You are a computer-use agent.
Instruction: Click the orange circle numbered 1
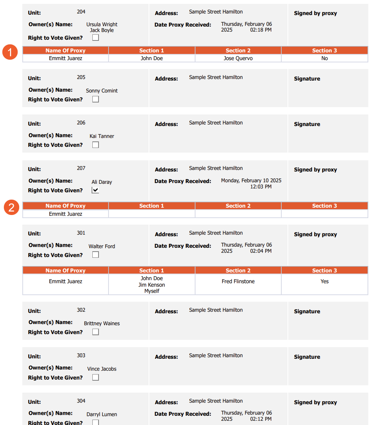pos(10,52)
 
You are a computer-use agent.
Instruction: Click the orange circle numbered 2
pos(12,208)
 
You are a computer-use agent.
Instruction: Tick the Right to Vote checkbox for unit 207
pos(95,190)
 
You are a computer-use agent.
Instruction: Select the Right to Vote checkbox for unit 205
pos(95,99)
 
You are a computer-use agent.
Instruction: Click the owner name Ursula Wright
pos(102,24)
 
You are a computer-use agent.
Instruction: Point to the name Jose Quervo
pos(238,58)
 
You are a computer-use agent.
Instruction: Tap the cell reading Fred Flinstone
pos(238,281)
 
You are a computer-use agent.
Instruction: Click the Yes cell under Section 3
pos(324,281)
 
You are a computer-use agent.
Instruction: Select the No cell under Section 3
pos(324,58)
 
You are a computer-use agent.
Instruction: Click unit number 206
pos(81,123)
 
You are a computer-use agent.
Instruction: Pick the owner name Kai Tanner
pos(102,136)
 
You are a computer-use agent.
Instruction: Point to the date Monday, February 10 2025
pos(251,180)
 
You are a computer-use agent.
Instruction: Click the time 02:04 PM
pos(261,251)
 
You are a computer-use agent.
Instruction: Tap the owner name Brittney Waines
pos(102,323)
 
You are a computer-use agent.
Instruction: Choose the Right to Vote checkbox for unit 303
pos(95,377)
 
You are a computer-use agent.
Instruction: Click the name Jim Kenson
pos(152,285)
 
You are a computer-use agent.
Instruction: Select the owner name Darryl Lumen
pos(102,414)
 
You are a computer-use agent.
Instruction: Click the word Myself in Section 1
pos(152,291)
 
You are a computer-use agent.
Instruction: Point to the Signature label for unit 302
pos(307,311)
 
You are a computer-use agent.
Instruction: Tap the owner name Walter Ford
pos(102,246)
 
